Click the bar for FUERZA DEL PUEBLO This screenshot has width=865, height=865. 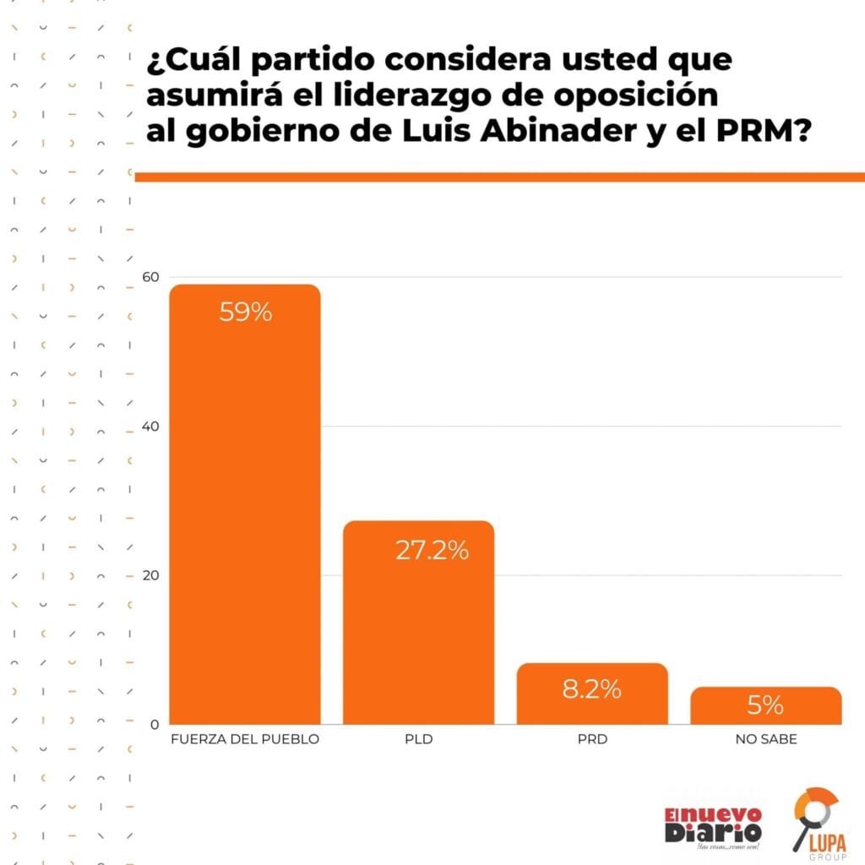click(245, 507)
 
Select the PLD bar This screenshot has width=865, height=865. click(418, 625)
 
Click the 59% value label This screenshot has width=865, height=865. click(245, 313)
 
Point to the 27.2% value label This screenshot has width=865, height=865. click(432, 551)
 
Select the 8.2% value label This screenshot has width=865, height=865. click(591, 689)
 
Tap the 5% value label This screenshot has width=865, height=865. click(765, 705)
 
